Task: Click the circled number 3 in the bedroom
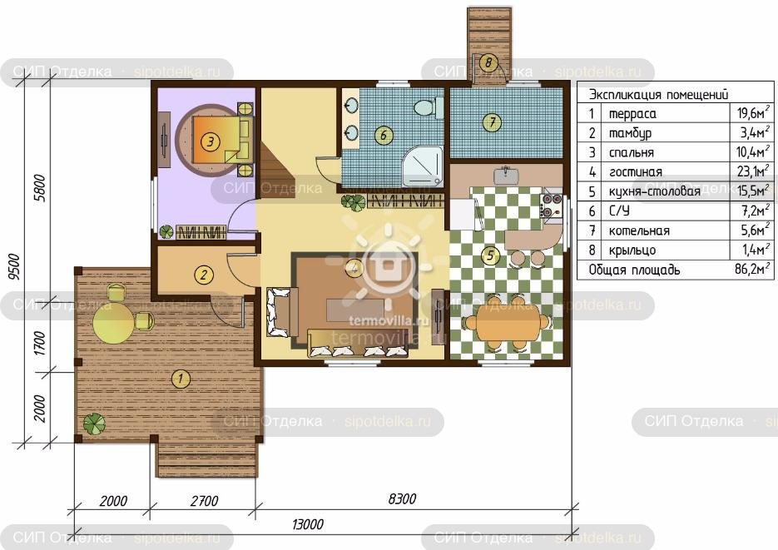[211, 142]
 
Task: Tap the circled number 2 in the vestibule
[203, 275]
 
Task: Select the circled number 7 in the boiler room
[492, 122]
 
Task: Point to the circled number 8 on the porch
[488, 62]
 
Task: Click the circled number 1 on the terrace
[181, 379]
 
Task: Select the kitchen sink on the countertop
[506, 175]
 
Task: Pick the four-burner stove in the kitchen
[551, 206]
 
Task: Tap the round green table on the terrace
[114, 323]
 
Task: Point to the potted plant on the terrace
[94, 424]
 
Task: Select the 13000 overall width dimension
[308, 523]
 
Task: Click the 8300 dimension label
[402, 498]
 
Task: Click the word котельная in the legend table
[639, 230]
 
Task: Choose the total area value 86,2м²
[752, 270]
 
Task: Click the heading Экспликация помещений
[658, 94]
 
